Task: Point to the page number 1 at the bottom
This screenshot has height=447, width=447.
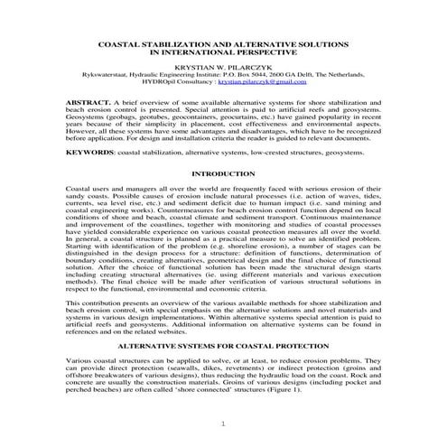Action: pyautogui.click(x=223, y=425)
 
